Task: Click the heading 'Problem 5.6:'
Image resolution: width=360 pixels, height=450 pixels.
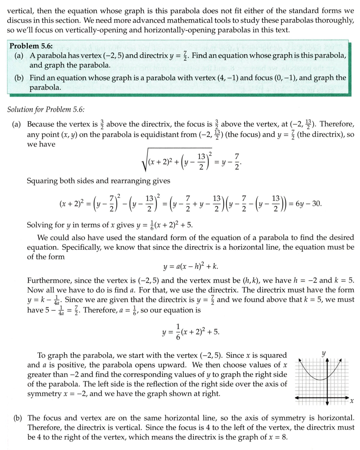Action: click(x=31, y=46)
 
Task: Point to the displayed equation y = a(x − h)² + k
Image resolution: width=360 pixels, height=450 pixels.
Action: click(x=191, y=267)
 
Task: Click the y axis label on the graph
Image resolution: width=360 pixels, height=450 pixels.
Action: click(x=324, y=353)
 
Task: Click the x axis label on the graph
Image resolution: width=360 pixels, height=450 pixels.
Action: click(x=351, y=402)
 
